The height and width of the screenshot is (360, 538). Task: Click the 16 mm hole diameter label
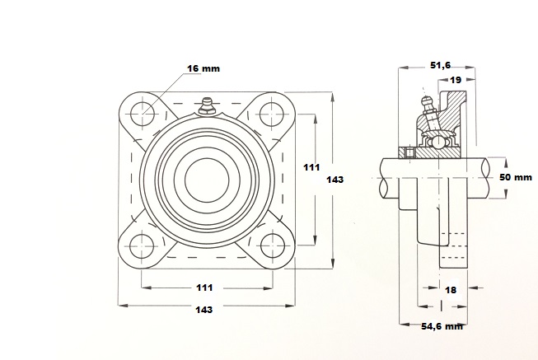(x=204, y=68)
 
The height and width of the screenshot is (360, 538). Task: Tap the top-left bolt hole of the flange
(x=143, y=113)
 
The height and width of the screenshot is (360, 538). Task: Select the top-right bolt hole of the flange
(x=272, y=114)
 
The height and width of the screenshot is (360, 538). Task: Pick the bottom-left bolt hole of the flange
(x=142, y=246)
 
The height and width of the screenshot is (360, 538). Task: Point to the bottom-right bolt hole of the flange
(x=273, y=246)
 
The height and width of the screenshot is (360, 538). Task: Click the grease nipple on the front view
(x=206, y=105)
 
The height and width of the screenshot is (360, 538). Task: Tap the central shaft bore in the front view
(x=207, y=179)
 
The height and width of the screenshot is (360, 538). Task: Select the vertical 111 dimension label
(x=311, y=167)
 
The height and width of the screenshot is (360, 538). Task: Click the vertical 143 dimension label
(x=334, y=180)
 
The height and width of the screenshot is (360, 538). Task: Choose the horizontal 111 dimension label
(x=204, y=288)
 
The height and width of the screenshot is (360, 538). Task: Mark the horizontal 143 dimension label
(x=204, y=310)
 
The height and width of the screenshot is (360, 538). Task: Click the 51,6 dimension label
(x=441, y=65)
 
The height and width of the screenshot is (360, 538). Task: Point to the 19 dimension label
(x=456, y=80)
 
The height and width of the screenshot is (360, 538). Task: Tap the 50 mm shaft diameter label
(x=516, y=177)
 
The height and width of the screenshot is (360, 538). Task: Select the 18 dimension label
(x=451, y=290)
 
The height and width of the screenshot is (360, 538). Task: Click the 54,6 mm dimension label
(x=442, y=326)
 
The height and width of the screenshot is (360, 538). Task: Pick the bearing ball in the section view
(x=438, y=142)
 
